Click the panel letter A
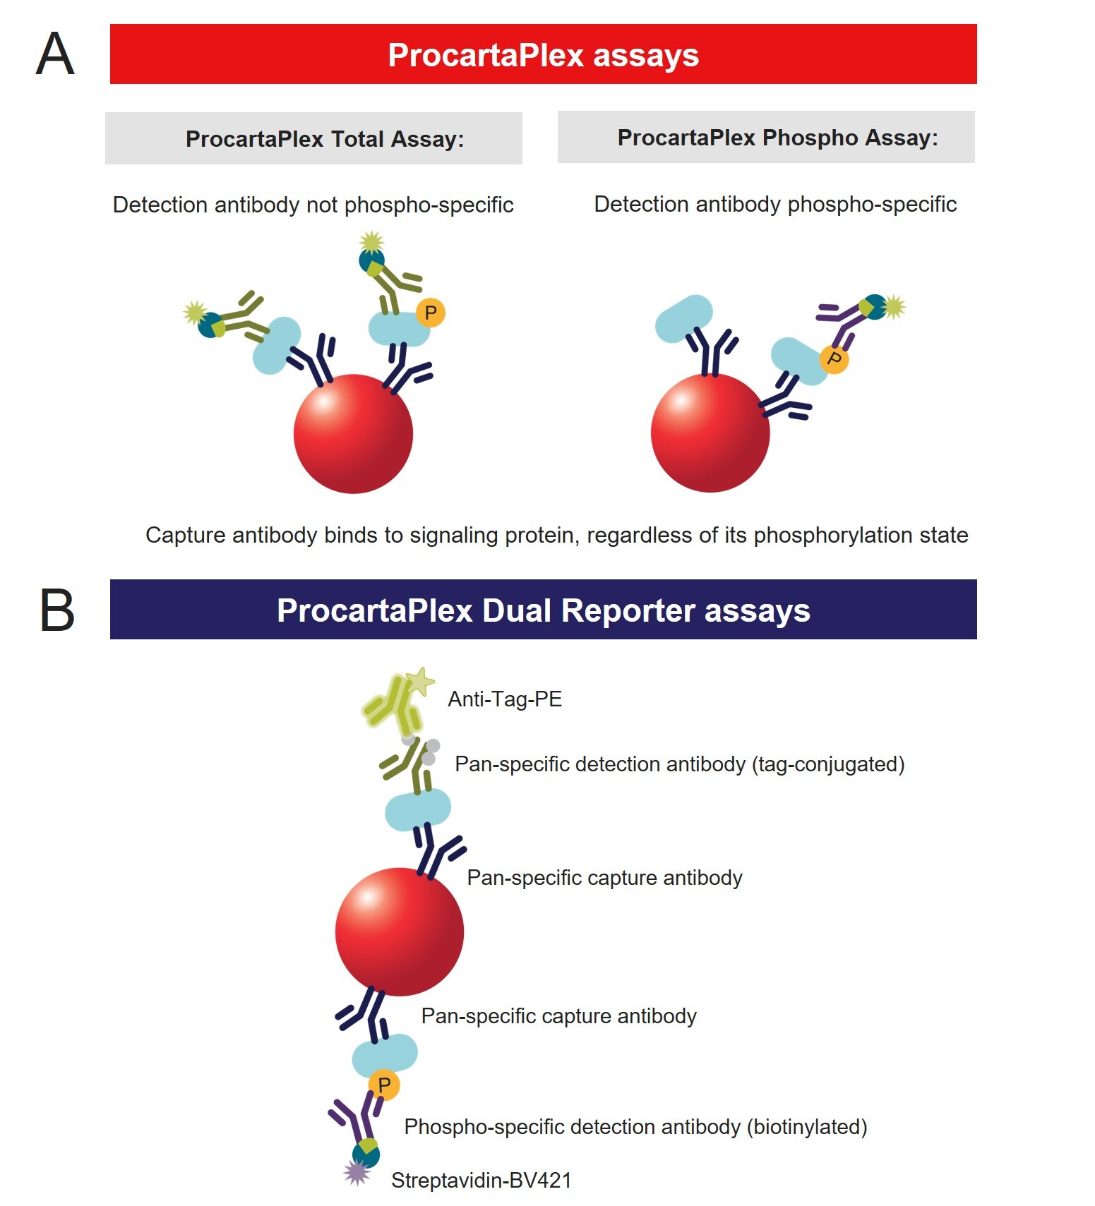point(55,54)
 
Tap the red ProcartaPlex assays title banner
point(543,54)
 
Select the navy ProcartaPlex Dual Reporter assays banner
point(543,610)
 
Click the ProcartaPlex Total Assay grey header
point(313,138)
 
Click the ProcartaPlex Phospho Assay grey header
point(766,137)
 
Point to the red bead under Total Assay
point(353,433)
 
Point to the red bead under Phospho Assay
point(710,433)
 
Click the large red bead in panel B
point(400,931)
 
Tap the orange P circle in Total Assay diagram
point(430,312)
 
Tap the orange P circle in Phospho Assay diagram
point(834,359)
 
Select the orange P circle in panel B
point(384,1085)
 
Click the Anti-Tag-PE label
point(505,699)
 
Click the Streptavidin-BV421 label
point(481,1180)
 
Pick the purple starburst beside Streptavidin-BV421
point(357,1173)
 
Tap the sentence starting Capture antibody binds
point(556,535)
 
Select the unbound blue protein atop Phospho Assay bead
point(683,318)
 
